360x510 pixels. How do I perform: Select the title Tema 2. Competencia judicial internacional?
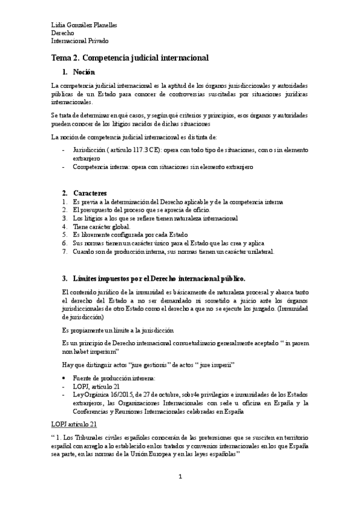point(129,58)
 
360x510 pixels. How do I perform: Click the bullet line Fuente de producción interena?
point(114,377)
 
